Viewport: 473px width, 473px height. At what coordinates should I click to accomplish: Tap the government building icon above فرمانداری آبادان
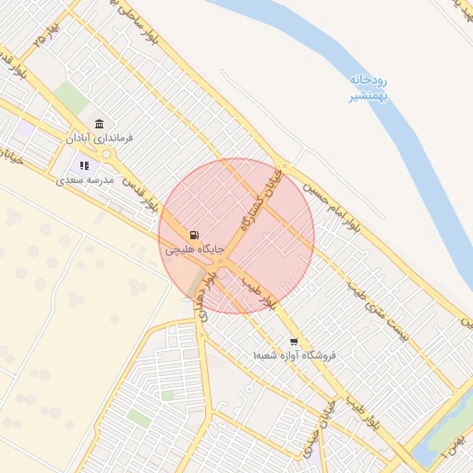(x=99, y=125)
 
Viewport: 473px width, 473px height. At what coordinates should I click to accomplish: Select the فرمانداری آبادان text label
(x=99, y=138)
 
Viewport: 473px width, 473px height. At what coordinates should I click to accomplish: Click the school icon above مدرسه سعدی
(x=84, y=166)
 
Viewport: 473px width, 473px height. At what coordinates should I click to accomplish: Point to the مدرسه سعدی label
(x=84, y=180)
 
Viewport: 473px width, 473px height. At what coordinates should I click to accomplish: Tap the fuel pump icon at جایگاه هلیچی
(x=193, y=236)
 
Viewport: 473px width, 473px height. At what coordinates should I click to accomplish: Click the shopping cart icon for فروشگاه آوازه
(x=294, y=341)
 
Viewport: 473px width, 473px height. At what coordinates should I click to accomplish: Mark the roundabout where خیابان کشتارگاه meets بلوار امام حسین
(x=285, y=167)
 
